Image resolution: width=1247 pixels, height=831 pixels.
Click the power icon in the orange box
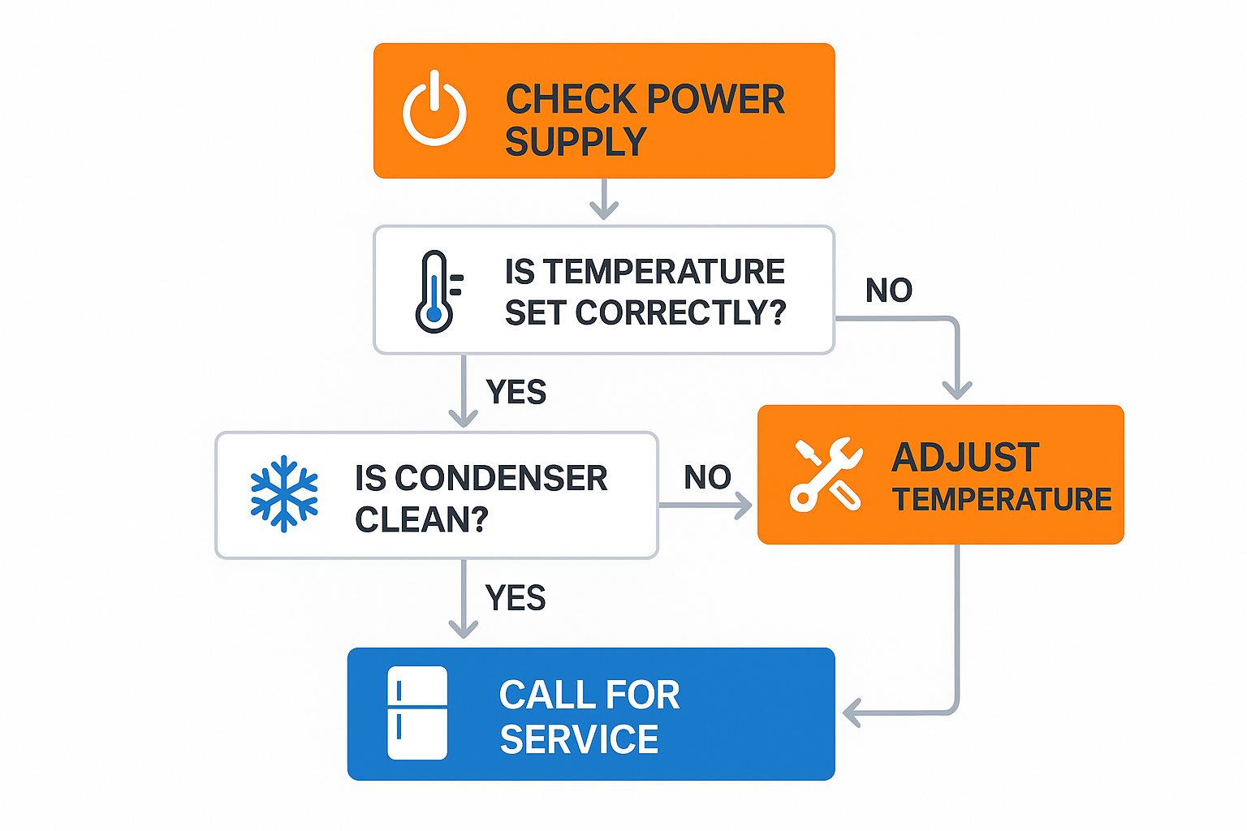pos(434,110)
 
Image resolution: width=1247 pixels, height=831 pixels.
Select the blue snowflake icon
pos(283,494)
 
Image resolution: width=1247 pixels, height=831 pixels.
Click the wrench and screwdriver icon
pos(826,475)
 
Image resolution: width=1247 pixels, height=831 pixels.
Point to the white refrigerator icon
pos(417,713)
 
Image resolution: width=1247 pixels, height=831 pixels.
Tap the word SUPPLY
pos(576,142)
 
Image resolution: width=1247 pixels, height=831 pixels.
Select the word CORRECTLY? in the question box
pos(680,312)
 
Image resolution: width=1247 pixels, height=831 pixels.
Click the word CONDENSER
pos(500,478)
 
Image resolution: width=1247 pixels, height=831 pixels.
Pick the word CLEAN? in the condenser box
pos(421,519)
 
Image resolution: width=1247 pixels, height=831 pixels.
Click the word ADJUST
pos(965,458)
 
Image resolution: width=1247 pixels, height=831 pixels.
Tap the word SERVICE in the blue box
pos(579,739)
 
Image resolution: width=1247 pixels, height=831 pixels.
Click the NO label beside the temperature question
pos(889,291)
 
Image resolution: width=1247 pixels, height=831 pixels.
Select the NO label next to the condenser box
pos(707,477)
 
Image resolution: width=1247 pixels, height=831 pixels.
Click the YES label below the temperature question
pos(516,392)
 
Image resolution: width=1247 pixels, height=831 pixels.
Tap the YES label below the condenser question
pos(515,598)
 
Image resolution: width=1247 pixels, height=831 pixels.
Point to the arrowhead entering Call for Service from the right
pos(852,713)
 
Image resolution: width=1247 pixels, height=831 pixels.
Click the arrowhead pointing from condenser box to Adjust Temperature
pos(744,506)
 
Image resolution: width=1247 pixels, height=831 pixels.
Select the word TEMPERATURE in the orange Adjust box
pos(1001,499)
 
